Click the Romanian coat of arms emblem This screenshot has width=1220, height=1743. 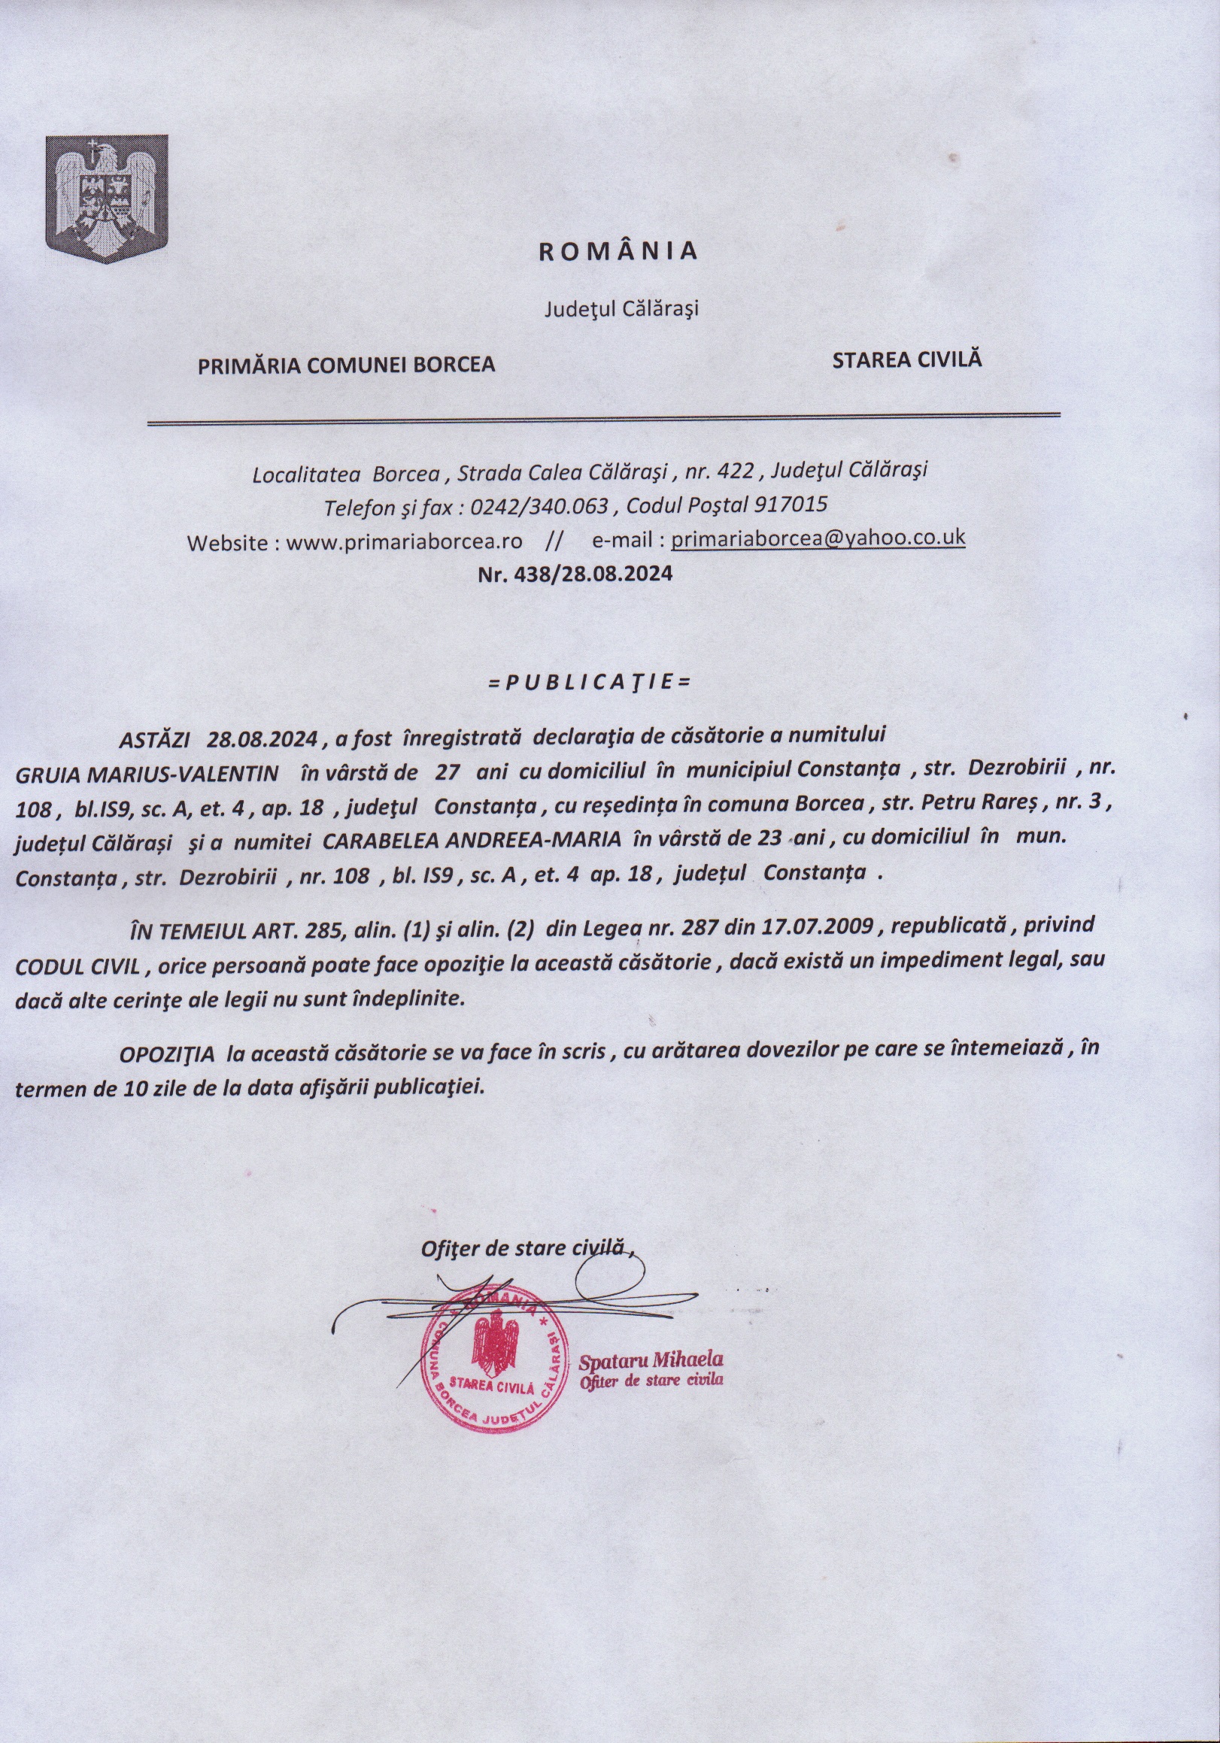coord(107,199)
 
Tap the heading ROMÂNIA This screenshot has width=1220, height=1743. coord(618,252)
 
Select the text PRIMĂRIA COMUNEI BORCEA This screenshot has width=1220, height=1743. coord(346,365)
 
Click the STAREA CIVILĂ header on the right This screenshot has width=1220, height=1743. coord(906,359)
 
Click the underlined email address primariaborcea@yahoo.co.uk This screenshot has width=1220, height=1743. coord(818,538)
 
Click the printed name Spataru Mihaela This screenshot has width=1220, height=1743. coord(651,1358)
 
